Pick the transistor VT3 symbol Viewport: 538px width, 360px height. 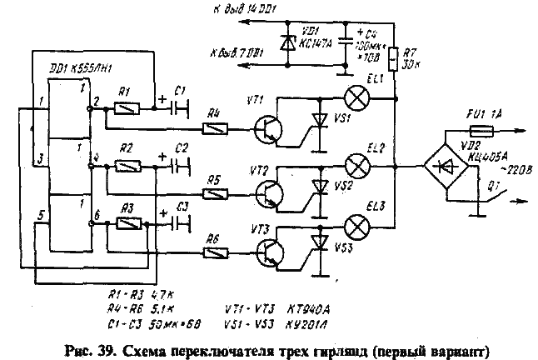pos(267,253)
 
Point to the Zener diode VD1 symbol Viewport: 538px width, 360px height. pos(289,41)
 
